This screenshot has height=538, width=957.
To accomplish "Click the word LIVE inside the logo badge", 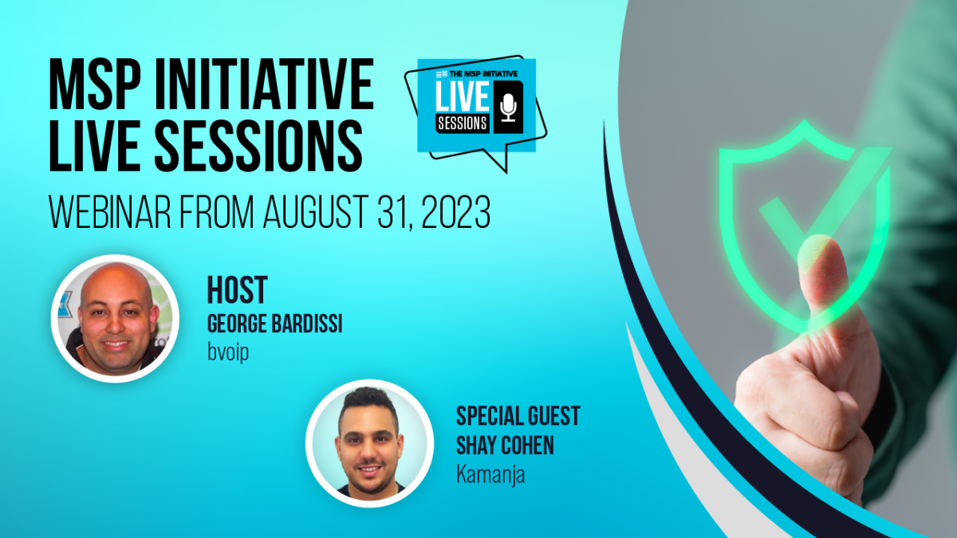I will (463, 97).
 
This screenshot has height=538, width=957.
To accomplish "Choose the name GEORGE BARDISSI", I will (274, 326).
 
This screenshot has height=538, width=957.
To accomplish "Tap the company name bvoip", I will (228, 351).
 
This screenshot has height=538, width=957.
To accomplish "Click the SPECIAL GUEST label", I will (518, 415).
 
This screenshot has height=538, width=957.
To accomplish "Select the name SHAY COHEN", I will (504, 445).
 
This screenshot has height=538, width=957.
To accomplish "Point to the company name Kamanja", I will (490, 473).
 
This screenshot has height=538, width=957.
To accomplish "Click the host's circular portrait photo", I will (115, 318).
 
